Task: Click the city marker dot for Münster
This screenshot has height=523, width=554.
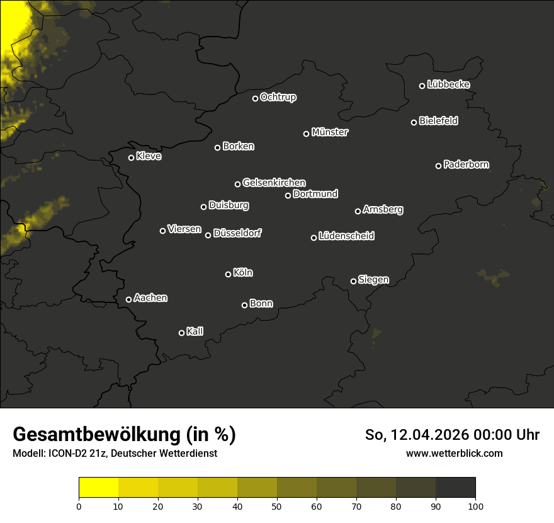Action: [307, 134]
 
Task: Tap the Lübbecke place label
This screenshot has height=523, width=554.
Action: [448, 84]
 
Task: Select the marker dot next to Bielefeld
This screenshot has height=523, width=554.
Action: [414, 122]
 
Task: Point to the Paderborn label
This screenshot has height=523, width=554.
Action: [466, 164]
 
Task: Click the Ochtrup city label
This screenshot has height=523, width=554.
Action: [278, 97]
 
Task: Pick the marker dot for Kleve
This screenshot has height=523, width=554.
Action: [132, 158]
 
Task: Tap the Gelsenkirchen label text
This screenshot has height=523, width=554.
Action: [274, 183]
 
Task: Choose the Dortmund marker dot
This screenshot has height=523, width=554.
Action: [288, 195]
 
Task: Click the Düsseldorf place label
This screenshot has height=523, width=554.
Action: [237, 233]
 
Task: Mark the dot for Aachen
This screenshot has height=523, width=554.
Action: [129, 299]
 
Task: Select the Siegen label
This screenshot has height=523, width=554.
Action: [373, 279]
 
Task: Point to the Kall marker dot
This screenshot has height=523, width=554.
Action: [182, 333]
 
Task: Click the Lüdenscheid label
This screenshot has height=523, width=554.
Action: [346, 236]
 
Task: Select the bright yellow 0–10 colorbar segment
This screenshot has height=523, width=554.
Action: [98, 487]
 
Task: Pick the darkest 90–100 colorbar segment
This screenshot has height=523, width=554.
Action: [455, 487]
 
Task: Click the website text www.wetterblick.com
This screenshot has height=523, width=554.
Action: [454, 453]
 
